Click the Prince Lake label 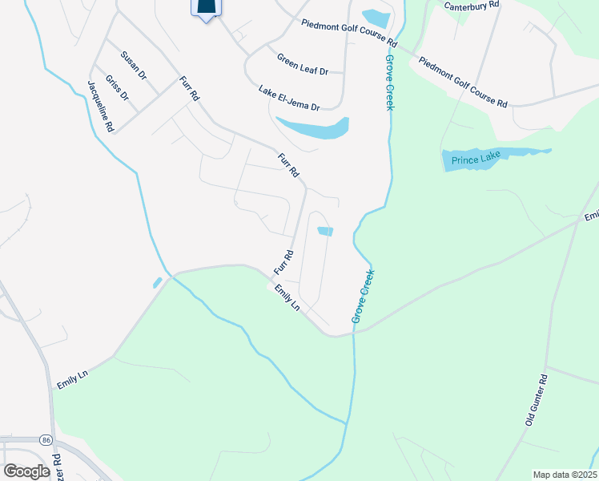476,160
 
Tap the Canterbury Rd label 472,5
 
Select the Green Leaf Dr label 303,64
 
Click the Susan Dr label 134,66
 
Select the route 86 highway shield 46,441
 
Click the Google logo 27,471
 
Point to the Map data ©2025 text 564,475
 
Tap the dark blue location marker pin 207,8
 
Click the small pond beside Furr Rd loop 325,232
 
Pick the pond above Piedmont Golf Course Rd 375,18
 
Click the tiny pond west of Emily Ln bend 157,282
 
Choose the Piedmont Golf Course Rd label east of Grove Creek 462,82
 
